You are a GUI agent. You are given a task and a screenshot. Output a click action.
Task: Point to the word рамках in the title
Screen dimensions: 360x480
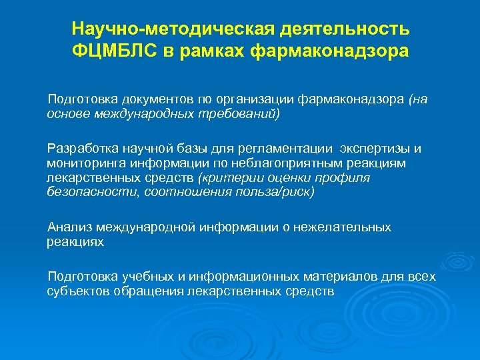(x=218, y=51)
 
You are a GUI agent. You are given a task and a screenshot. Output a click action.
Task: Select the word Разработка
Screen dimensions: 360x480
(x=78, y=148)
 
